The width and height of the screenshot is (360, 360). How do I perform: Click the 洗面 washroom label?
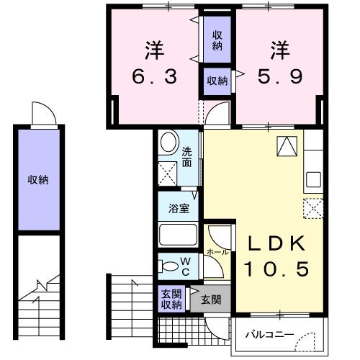click(x=186, y=156)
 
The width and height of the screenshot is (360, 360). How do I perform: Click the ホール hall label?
click(x=217, y=253)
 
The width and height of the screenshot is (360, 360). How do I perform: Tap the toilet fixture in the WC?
click(x=168, y=265)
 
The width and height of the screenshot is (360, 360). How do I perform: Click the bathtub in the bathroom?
click(x=177, y=235)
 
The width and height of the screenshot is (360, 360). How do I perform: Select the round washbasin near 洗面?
click(x=168, y=143)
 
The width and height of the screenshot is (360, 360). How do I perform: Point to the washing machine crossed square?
click(x=168, y=173)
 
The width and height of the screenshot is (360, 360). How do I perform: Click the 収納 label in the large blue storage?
click(x=39, y=179)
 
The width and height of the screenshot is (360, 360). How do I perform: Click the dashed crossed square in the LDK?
click(x=313, y=208)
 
